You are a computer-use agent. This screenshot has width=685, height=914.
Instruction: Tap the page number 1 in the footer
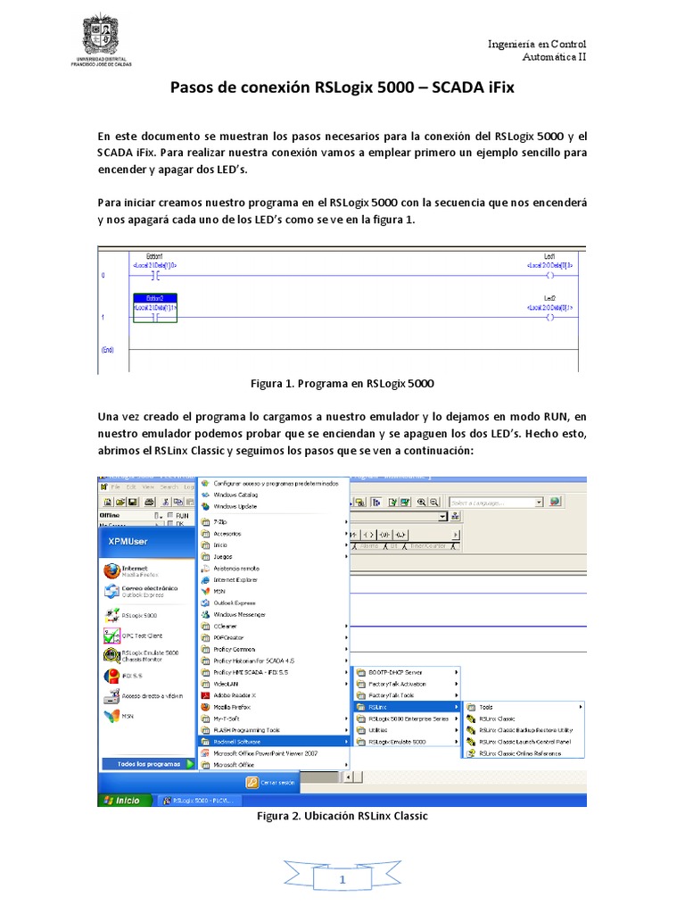[x=342, y=881]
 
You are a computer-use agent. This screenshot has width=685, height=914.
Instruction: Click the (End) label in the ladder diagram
[x=107, y=350]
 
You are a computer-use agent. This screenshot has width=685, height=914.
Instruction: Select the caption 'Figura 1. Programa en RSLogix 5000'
[x=342, y=383]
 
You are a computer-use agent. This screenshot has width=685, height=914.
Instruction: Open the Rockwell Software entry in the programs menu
[x=243, y=741]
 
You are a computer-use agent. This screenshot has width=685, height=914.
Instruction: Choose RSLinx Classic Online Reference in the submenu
[x=519, y=753]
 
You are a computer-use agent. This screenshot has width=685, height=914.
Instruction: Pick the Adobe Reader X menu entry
[x=234, y=694]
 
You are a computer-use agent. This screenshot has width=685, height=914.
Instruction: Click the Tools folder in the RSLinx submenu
[x=486, y=707]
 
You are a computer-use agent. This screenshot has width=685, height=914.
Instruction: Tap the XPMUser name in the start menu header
[x=129, y=542]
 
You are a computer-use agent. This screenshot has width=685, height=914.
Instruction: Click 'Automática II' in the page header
[x=554, y=56]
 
